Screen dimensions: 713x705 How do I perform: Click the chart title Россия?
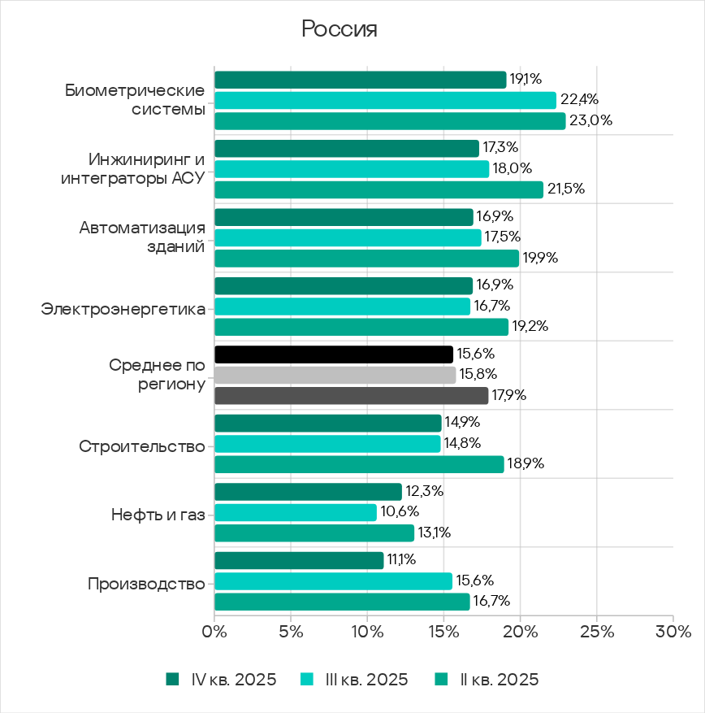340,29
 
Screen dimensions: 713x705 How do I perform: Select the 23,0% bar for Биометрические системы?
390,121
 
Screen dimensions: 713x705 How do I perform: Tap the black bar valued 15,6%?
333,354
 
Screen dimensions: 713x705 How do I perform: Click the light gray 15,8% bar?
335,375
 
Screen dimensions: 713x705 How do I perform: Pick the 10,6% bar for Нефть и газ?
296,512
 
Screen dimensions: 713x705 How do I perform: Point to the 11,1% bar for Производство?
299,560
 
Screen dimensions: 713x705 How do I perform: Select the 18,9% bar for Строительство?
359,464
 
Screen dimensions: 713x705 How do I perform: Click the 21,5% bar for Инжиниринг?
378,189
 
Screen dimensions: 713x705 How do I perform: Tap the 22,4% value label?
579,100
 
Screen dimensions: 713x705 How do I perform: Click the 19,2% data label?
530,327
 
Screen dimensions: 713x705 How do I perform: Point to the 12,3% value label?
423,492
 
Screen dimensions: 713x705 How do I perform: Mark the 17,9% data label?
509,396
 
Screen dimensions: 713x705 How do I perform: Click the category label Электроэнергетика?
123,308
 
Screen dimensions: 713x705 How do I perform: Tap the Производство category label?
146,584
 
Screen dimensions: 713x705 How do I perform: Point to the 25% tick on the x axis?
596,631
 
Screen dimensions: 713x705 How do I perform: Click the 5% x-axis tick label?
290,631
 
